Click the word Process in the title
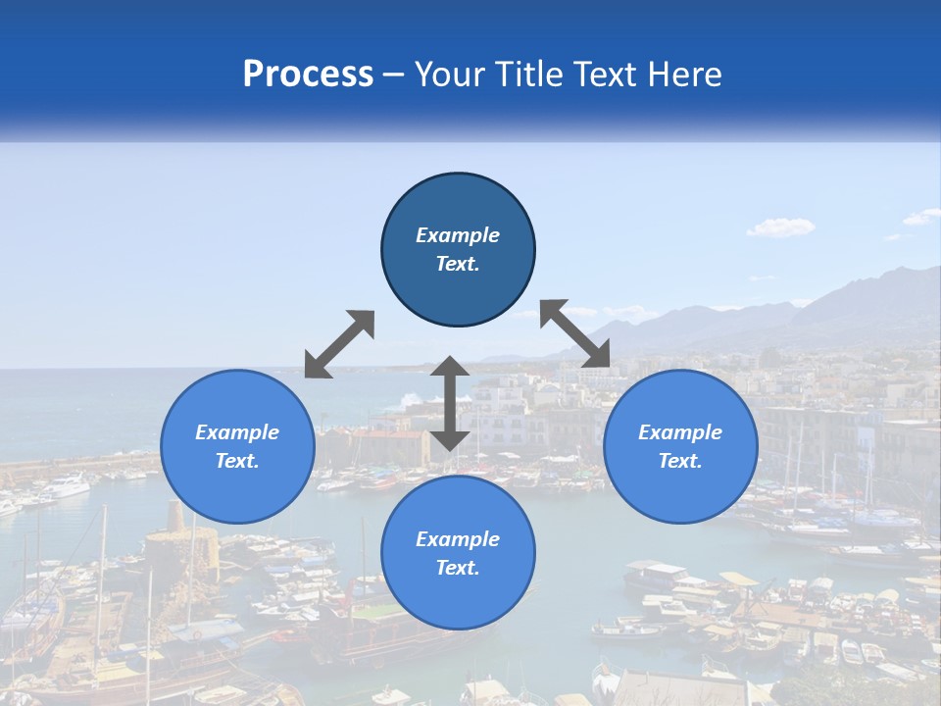pos(308,75)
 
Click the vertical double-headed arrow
pos(450,403)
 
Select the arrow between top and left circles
pos(339,344)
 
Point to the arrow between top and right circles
pos(574,333)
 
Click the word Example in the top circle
pos(458,235)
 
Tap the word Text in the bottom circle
pos(456,568)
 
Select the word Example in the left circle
pos(237,432)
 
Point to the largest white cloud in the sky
pos(780,227)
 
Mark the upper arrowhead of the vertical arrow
pos(450,369)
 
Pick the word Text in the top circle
pos(456,264)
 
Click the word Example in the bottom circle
pos(458,539)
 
